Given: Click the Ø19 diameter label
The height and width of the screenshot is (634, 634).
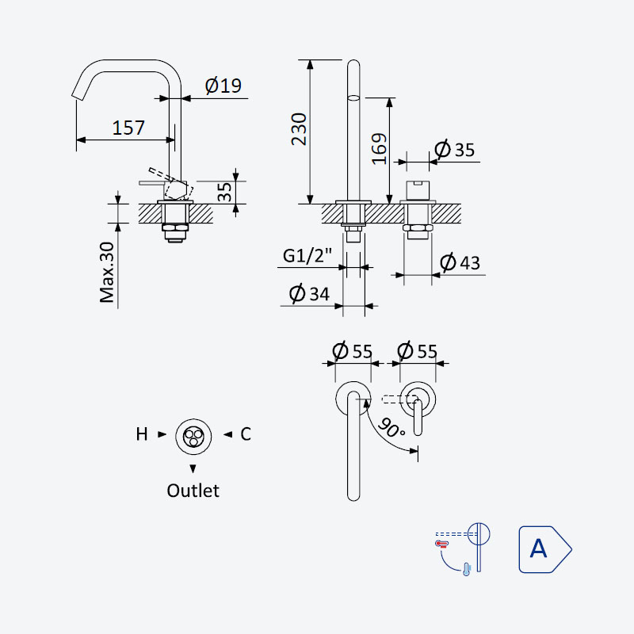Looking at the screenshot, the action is pyautogui.click(x=223, y=86).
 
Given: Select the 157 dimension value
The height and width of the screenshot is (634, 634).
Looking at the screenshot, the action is pyautogui.click(x=128, y=128).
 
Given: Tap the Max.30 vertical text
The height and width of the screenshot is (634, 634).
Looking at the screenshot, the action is pyautogui.click(x=107, y=272).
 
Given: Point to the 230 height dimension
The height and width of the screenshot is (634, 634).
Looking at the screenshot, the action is pyautogui.click(x=300, y=129).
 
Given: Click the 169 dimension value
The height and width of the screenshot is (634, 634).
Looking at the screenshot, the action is pyautogui.click(x=380, y=149).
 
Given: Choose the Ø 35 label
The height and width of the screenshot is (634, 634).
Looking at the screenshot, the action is pyautogui.click(x=454, y=149).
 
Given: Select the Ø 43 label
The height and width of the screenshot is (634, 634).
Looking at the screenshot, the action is pyautogui.click(x=460, y=263).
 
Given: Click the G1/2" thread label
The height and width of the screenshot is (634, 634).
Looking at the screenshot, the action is pyautogui.click(x=307, y=255).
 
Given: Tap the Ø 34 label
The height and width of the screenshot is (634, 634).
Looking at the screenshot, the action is pyautogui.click(x=309, y=293).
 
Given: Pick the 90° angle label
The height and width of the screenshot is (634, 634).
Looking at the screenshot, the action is pyautogui.click(x=391, y=428).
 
